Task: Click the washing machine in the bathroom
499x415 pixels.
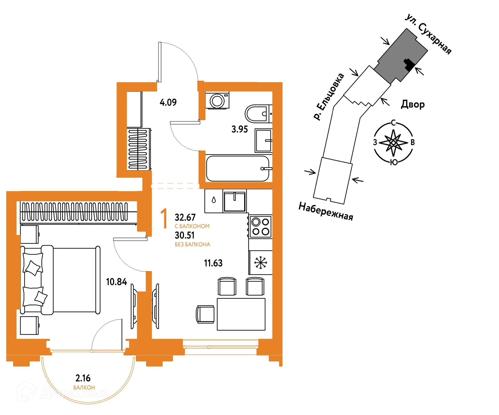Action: [217, 100]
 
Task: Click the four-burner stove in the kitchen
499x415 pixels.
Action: [260, 226]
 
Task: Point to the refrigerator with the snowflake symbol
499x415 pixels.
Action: [260, 263]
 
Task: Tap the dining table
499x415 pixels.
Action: [241, 314]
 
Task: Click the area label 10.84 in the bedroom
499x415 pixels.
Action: [116, 282]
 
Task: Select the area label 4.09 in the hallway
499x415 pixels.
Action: [168, 102]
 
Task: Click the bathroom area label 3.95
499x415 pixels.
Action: [240, 129]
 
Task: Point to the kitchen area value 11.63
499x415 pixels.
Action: [213, 263]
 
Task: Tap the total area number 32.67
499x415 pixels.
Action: [185, 217]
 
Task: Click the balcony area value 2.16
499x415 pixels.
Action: [83, 378]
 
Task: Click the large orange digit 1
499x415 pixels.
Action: [164, 218]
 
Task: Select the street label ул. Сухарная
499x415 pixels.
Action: [428, 34]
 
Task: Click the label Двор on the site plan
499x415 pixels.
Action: [413, 105]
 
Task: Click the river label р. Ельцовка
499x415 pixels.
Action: [329, 96]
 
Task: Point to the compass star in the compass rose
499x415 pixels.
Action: [393, 143]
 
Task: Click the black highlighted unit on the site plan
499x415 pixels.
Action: [409, 64]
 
